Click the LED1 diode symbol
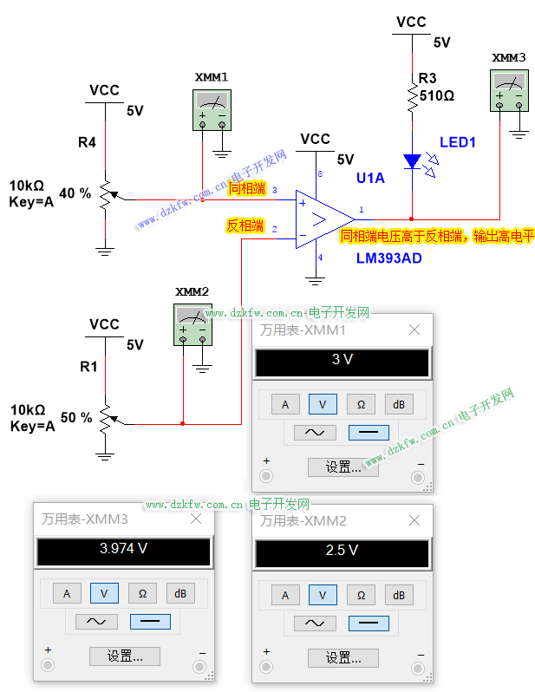point(412,160)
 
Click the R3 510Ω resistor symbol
point(412,97)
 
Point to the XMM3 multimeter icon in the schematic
point(509,90)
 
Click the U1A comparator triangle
point(322,216)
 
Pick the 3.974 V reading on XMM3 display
point(123,549)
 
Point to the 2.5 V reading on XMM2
point(342,550)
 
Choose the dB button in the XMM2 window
point(399,595)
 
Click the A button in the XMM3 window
point(67,594)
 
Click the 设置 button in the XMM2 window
point(350,656)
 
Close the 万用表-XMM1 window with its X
point(414,330)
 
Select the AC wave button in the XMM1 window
point(316,432)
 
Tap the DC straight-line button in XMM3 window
point(149,622)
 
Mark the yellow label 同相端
point(246,188)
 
